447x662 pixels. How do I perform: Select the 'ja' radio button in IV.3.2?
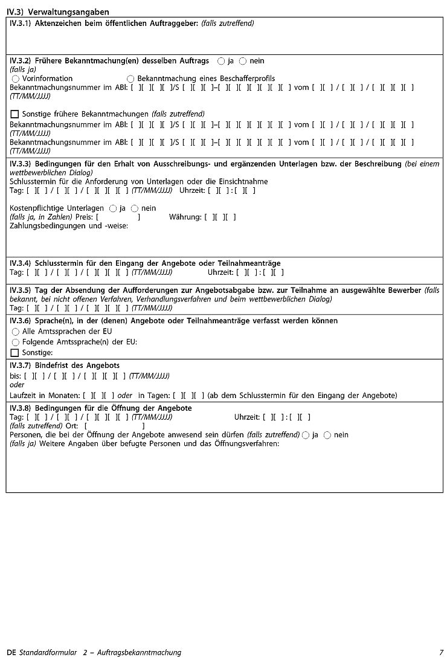pos(221,61)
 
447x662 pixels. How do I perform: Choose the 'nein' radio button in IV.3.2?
pos(243,61)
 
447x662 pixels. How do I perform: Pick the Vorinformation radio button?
pos(16,79)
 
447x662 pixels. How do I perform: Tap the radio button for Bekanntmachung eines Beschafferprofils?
pos(130,79)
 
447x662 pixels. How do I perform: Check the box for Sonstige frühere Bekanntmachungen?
pos(15,114)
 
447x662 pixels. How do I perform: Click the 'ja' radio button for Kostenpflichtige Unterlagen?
pos(113,208)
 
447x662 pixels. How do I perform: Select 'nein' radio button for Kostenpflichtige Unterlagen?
pos(135,208)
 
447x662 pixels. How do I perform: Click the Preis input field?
pos(118,217)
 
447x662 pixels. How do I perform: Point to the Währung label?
pos(185,217)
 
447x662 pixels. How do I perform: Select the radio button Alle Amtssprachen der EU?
pos(16,332)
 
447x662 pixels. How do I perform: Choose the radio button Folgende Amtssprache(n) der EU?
pos(16,342)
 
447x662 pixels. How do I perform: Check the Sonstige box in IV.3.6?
pos(15,353)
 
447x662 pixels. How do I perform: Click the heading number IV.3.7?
pos(21,365)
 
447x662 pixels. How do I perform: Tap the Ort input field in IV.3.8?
pos(115,426)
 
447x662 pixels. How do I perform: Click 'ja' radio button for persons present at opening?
pos(306,435)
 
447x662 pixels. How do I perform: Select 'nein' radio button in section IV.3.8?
pos(327,435)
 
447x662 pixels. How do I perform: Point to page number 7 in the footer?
pos(442,652)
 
